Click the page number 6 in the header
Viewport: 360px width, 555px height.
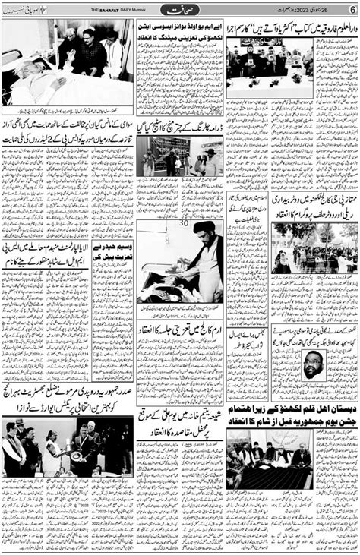(x=352, y=8)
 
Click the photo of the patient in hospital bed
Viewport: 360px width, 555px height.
(x=68, y=62)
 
